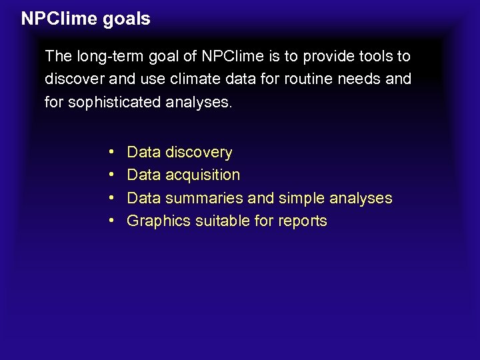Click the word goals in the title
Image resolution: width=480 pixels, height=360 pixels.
point(127,19)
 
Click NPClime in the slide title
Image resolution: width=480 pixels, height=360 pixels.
point(59,19)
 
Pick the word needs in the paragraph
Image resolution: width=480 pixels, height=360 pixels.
point(361,79)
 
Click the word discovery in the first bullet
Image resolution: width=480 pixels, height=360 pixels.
point(199,153)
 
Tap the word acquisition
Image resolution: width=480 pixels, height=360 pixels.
point(203,175)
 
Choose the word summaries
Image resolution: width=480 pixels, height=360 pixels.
point(203,198)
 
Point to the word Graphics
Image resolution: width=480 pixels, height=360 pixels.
point(158,221)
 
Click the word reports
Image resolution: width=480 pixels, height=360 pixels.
point(302,221)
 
